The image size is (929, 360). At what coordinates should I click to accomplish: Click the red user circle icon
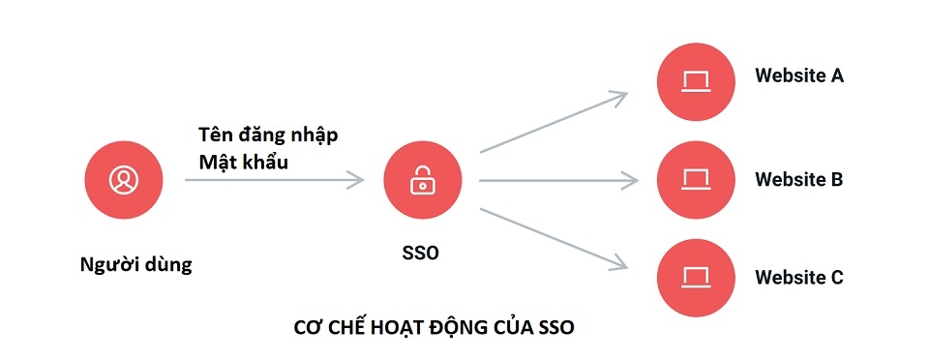(123, 179)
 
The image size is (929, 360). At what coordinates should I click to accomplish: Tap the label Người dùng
(136, 264)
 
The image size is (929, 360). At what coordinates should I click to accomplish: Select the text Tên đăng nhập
(268, 134)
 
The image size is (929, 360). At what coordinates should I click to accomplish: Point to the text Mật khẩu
(243, 162)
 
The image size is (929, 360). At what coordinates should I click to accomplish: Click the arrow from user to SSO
(274, 180)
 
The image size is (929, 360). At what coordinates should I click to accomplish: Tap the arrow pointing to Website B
(558, 180)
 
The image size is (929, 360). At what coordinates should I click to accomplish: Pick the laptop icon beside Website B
(696, 180)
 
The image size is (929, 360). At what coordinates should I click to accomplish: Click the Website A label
(799, 75)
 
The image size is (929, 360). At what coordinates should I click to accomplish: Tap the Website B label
(799, 180)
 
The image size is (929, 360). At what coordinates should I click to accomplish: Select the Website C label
(799, 278)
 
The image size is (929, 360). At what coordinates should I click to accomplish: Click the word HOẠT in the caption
(398, 327)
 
